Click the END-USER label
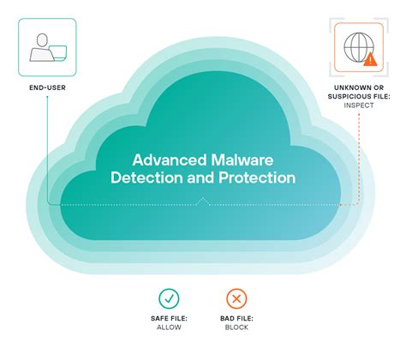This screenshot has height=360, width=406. [x=46, y=87]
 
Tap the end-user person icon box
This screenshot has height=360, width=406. [x=46, y=47]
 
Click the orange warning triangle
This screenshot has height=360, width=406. [x=370, y=59]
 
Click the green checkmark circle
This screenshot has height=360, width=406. [x=170, y=298]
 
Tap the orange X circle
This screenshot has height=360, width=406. [x=236, y=298]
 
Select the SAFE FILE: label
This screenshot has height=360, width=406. [x=170, y=321]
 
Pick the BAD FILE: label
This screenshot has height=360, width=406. [x=236, y=321]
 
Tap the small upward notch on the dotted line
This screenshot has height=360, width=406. [x=203, y=201]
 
